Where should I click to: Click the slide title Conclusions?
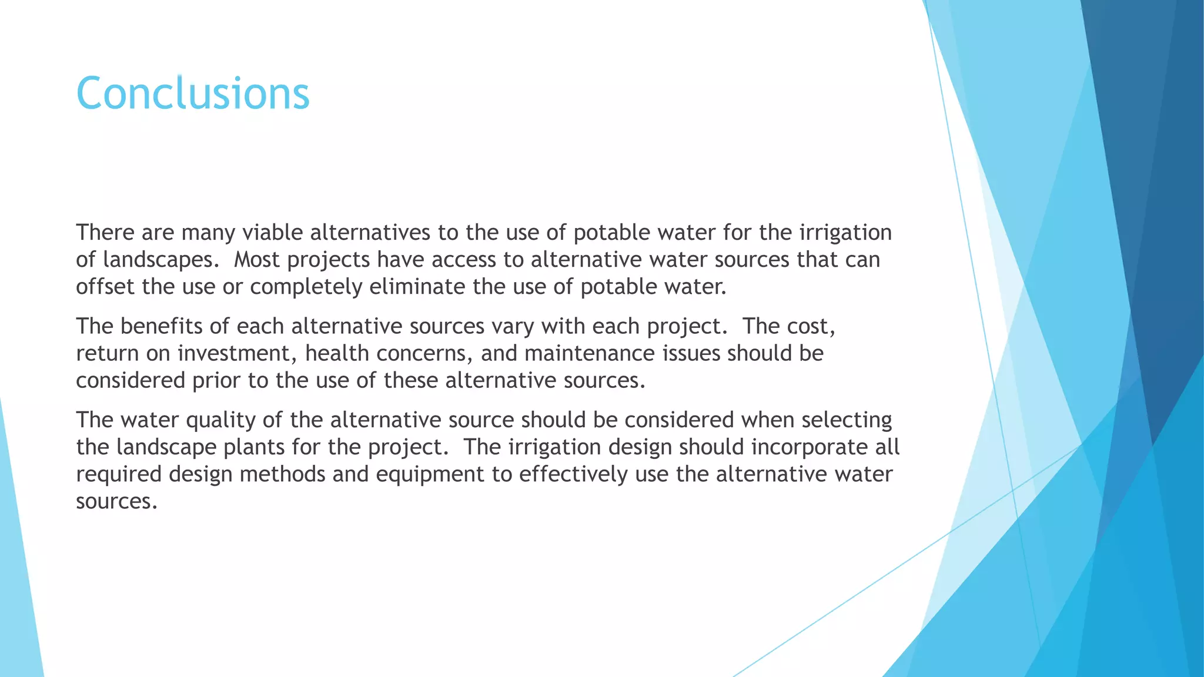click(192, 93)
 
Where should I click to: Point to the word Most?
click(257, 260)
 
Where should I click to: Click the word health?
click(337, 353)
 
